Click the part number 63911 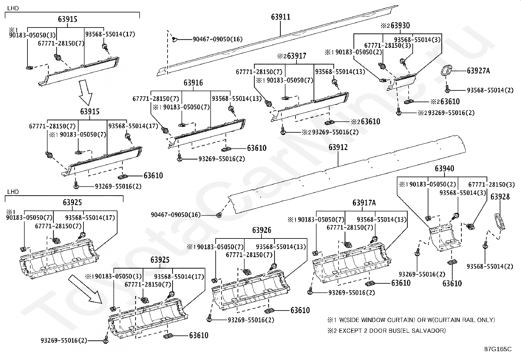[x=280, y=17]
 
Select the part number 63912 [x=338, y=147]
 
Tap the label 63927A [x=478, y=70]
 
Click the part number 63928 [x=500, y=197]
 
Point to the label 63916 [x=193, y=83]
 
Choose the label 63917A [x=364, y=203]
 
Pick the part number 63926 [x=262, y=230]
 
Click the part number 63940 [x=444, y=168]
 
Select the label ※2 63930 [x=395, y=25]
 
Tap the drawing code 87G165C [x=498, y=349]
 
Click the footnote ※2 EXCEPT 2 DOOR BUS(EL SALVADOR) [x=386, y=331]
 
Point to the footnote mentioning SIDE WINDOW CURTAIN [x=411, y=320]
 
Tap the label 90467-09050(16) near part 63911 [x=218, y=39]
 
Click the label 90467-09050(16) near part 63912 [x=176, y=215]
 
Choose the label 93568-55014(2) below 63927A [x=490, y=90]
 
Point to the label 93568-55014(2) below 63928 [x=490, y=266]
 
